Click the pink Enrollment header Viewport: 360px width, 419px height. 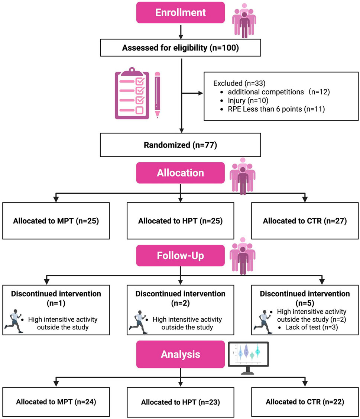180,12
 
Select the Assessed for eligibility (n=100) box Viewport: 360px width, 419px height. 180,47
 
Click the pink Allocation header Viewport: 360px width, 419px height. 180,173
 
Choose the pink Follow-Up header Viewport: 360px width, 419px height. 180,255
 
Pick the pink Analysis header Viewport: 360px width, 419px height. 180,354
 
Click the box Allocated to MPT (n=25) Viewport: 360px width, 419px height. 56,221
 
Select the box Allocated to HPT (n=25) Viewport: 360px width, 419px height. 180,221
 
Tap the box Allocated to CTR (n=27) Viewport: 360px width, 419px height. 305,221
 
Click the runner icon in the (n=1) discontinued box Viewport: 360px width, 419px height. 13,321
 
